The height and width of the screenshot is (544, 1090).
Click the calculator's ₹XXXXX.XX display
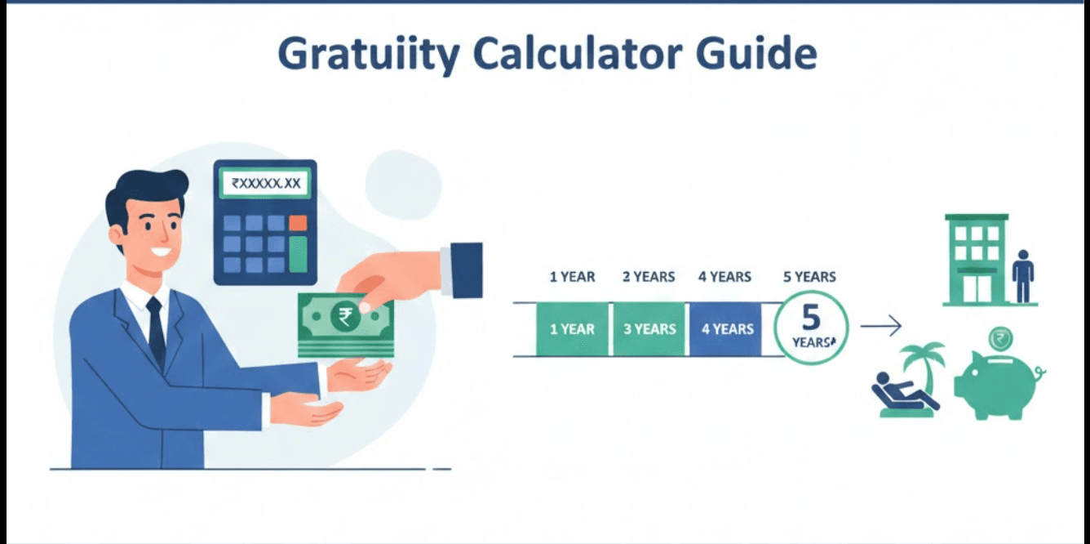point(265,184)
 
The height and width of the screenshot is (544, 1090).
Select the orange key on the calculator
point(298,222)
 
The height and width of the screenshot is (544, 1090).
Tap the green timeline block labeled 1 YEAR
point(572,329)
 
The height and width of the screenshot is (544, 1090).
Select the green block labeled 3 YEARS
point(649,329)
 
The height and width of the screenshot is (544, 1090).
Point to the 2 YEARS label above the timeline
point(649,277)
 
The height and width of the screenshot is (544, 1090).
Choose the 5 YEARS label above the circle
point(809,277)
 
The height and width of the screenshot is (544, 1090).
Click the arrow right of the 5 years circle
point(881,328)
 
